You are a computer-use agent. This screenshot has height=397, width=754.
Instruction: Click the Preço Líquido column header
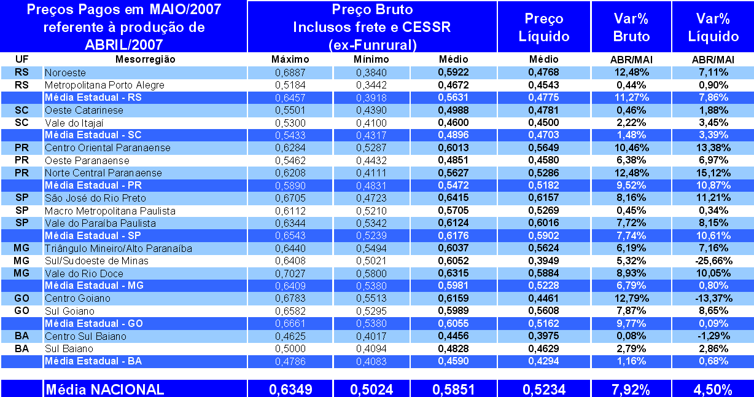coord(544,27)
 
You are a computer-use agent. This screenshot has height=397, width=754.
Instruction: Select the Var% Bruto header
coord(631,27)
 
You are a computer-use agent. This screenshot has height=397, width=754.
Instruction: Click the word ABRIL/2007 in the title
coord(125,44)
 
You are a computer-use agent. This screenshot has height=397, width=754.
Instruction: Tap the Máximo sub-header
coord(290,60)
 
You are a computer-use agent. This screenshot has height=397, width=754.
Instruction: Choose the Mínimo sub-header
coord(371,60)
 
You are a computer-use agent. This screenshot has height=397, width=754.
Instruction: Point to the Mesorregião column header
coord(146,60)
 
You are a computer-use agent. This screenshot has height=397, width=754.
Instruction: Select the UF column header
coord(21,60)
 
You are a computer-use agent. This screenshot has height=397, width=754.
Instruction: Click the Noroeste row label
coord(65,73)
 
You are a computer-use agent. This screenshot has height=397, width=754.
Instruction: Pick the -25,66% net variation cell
coord(712,261)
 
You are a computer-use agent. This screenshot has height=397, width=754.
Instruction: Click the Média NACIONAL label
coord(104,389)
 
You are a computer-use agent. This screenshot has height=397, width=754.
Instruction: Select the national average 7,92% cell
coord(631,389)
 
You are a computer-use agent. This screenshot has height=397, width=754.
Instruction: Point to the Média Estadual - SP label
coord(93,235)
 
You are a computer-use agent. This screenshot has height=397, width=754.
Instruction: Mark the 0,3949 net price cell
coord(544,261)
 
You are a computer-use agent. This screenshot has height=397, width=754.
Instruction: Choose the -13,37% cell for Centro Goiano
coord(712,298)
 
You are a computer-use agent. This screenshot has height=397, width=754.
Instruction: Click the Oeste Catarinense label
coord(84,110)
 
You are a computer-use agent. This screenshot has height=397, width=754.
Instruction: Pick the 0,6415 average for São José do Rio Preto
coord(453,198)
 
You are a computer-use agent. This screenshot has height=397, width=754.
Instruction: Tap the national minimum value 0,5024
coord(371,389)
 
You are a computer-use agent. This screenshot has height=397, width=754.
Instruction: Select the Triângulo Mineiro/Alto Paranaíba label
coord(119,248)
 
